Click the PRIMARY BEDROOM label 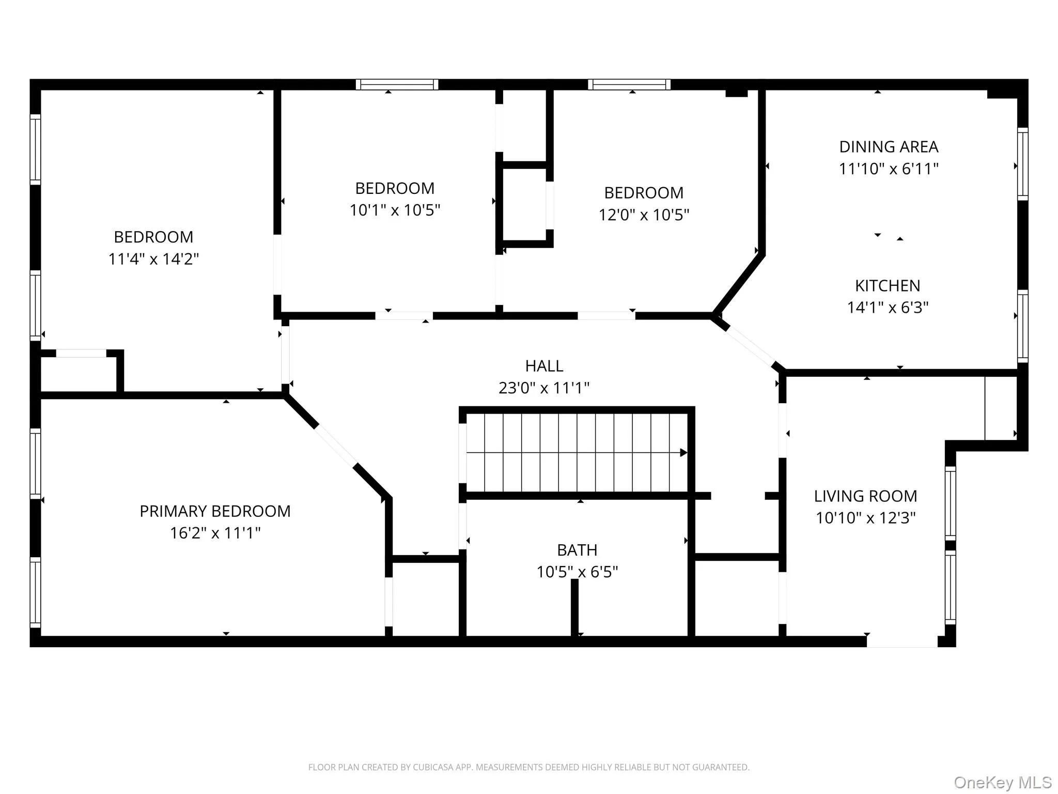[x=215, y=511]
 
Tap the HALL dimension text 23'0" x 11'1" [x=543, y=388]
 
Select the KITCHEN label [x=887, y=285]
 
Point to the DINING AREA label [x=888, y=147]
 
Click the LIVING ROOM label [x=865, y=496]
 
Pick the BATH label [x=577, y=549]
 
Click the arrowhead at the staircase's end [x=683, y=453]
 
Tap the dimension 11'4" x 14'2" [x=153, y=259]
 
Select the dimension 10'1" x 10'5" [x=395, y=210]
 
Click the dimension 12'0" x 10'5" [x=644, y=215]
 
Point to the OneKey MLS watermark [x=1002, y=782]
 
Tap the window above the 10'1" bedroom [x=397, y=85]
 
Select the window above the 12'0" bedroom [x=629, y=85]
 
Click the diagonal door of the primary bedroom [x=336, y=446]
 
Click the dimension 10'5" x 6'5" [x=577, y=572]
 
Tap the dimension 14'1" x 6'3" [x=887, y=308]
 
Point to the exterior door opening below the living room [x=901, y=641]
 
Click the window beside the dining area [x=1022, y=164]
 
